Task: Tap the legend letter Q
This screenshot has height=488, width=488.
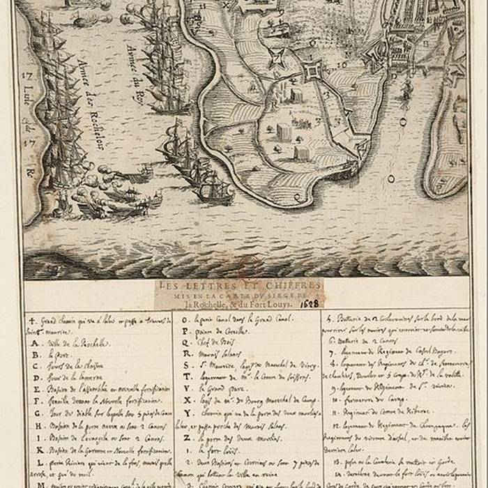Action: (186, 342)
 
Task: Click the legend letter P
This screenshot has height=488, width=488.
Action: (186, 330)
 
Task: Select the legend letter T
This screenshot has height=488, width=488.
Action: (186, 377)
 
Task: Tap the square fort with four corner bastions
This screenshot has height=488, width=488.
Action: (313, 70)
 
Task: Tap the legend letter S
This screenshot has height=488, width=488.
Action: (186, 365)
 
